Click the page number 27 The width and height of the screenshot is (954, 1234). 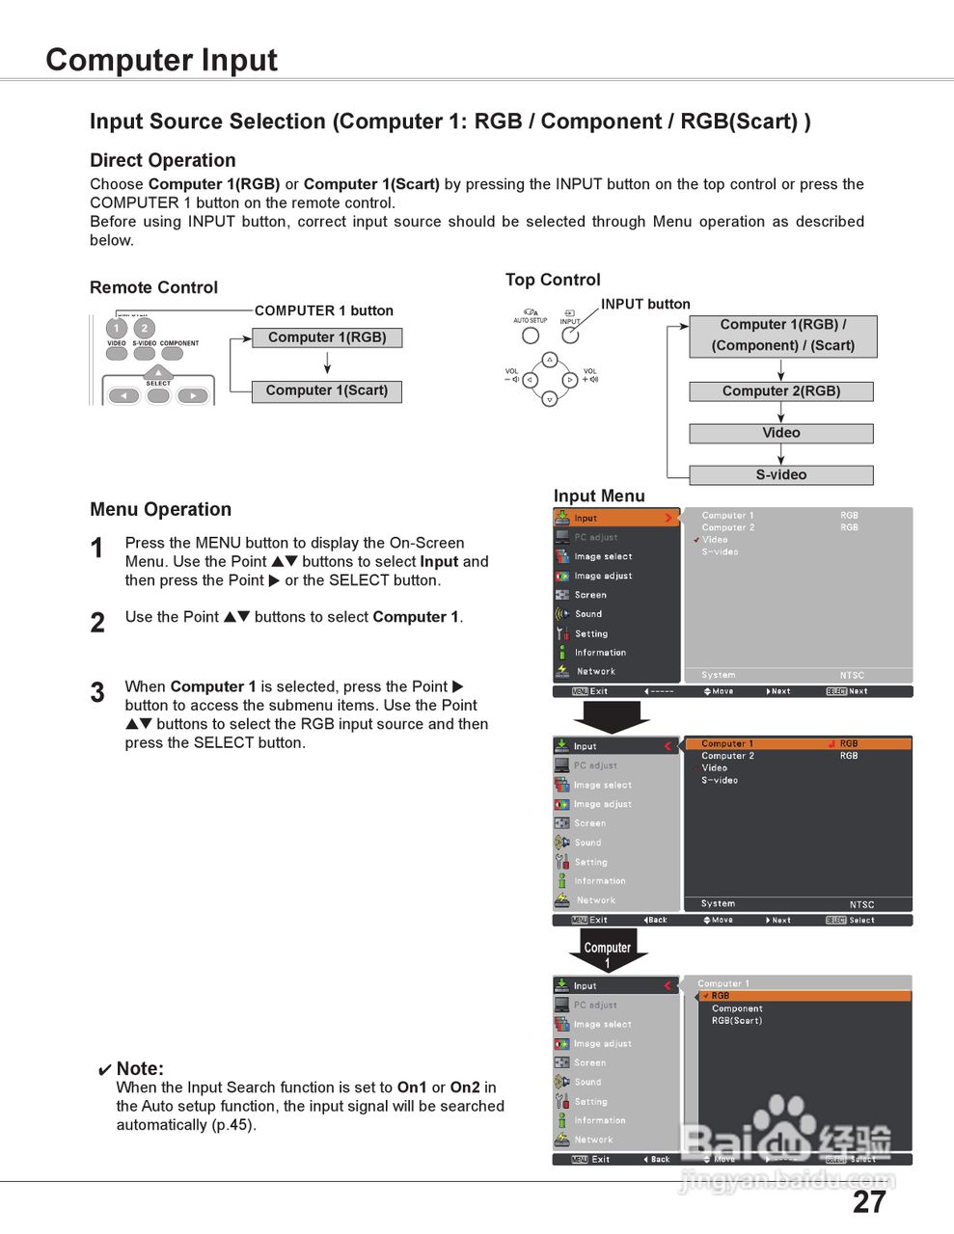[868, 1202]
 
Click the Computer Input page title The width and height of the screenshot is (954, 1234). [161, 60]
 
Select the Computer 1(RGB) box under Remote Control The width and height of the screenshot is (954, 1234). [327, 337]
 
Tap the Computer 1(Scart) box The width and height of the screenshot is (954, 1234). [327, 390]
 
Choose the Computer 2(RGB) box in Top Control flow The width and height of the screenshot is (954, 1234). [781, 391]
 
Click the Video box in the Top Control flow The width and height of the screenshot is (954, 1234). [781, 433]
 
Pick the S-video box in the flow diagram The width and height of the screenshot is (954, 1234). [781, 474]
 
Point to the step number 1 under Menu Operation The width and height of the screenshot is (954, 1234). [96, 549]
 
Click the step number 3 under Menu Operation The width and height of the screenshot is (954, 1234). [97, 692]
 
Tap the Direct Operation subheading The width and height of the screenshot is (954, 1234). [162, 160]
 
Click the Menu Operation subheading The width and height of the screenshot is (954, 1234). [160, 509]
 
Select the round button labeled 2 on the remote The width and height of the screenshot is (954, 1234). [144, 328]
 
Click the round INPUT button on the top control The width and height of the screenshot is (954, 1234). [570, 335]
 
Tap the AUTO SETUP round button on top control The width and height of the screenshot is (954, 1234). [531, 335]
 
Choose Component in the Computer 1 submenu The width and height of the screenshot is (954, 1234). [737, 1008]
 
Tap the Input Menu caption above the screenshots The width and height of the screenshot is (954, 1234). [599, 496]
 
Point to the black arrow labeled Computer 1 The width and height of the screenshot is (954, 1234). [608, 952]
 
